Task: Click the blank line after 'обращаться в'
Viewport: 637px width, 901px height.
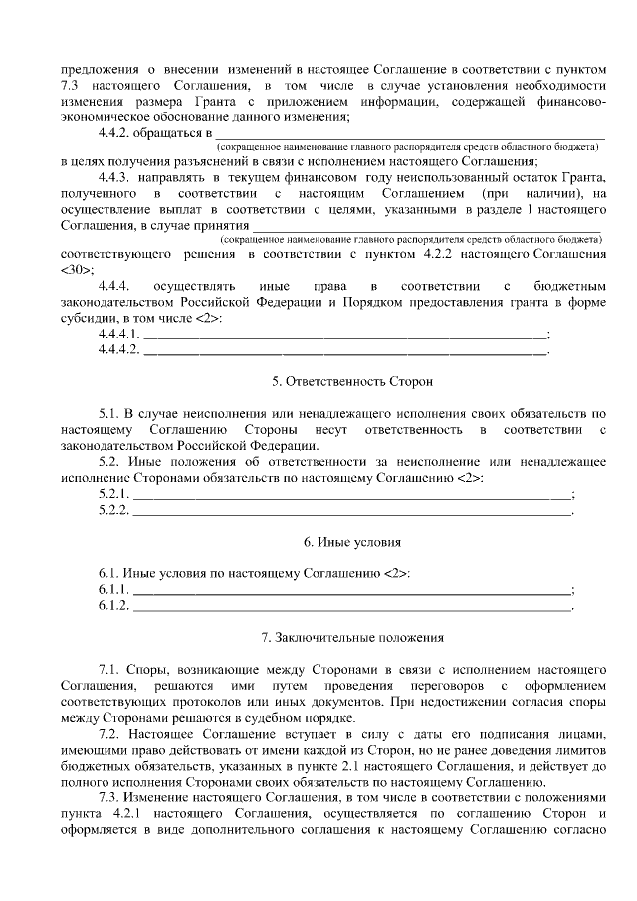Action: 409,132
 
